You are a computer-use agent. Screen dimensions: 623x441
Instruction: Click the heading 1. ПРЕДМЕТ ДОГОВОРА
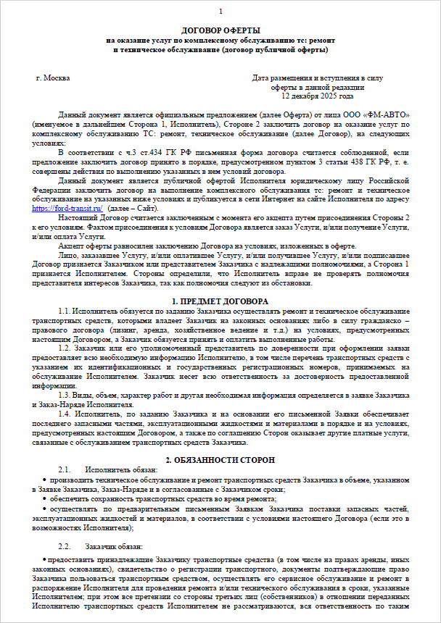(220, 301)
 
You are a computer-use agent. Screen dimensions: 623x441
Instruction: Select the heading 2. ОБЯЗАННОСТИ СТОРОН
(220, 460)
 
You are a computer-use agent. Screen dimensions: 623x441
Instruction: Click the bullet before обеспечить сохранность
(46, 499)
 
